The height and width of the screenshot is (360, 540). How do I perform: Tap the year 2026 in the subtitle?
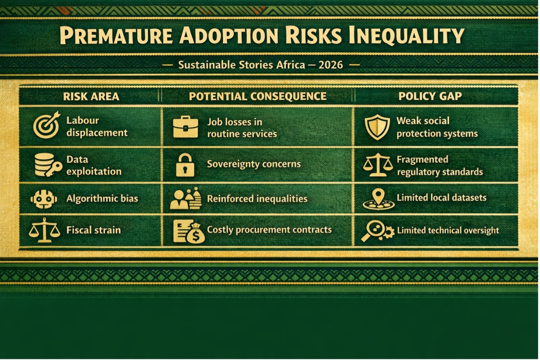pos(330,65)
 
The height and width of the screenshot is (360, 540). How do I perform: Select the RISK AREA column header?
pos(91,96)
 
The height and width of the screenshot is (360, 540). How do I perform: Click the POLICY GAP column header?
pos(430,96)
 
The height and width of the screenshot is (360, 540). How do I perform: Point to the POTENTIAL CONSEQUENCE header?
pos(258,96)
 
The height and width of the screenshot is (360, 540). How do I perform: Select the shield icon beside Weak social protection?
pos(377,127)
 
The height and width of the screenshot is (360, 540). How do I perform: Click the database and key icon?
pos(48,165)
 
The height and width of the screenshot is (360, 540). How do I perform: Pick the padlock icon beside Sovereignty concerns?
pos(185,165)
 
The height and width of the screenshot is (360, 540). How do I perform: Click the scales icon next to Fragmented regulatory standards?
pos(378,165)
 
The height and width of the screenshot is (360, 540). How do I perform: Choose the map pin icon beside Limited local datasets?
pos(378,199)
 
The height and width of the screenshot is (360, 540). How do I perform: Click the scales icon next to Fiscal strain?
pos(44,230)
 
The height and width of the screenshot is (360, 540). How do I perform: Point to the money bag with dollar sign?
pos(195,234)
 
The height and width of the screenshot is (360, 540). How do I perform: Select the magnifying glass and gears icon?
pos(378,231)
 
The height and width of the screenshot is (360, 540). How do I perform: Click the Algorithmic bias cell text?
pos(102,199)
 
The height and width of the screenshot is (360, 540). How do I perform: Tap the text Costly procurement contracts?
pos(269,230)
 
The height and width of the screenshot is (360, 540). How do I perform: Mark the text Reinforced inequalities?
pos(257,199)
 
